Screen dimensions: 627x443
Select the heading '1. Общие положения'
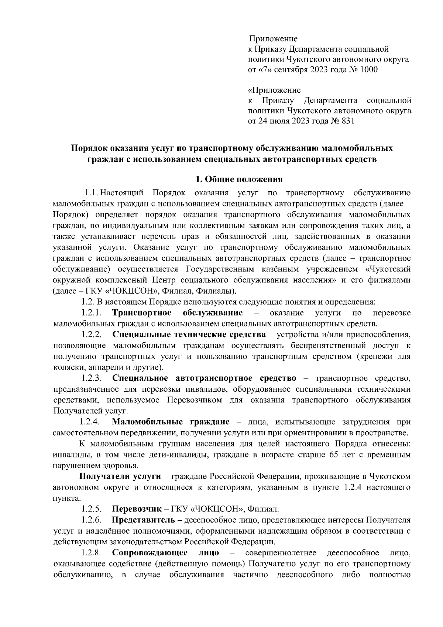(239, 179)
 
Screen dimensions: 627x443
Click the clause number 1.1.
(91, 193)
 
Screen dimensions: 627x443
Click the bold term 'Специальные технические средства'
(189, 335)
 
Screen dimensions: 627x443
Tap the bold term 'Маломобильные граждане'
(171, 422)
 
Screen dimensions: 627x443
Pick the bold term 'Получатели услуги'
(117, 476)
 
